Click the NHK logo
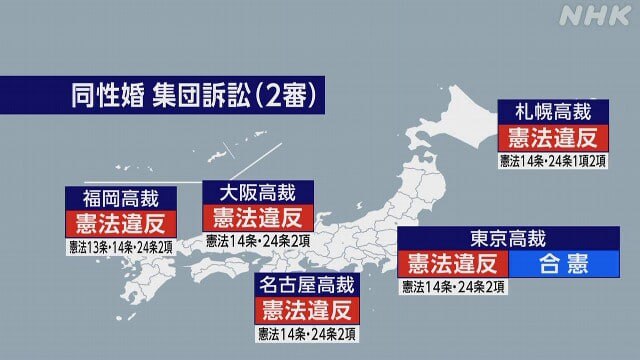[x=595, y=17]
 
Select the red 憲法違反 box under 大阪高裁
[x=257, y=217]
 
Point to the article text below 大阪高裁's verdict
[x=257, y=241]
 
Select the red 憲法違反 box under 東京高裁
[x=452, y=264]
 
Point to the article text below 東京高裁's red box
[x=452, y=288]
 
